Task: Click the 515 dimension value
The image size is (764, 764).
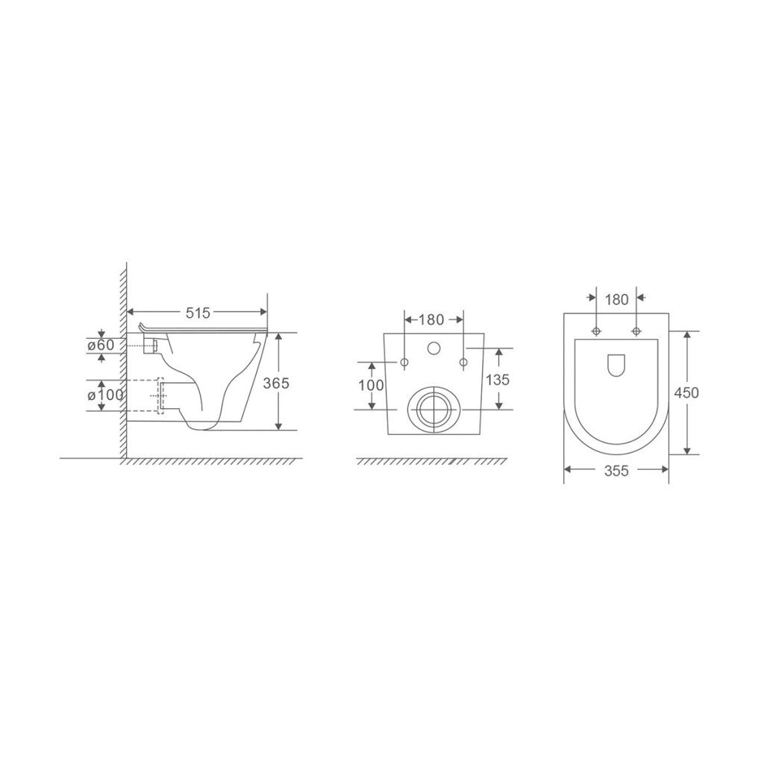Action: click(x=198, y=313)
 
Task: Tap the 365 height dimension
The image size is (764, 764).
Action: click(x=276, y=383)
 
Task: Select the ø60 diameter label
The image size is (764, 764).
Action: click(x=101, y=345)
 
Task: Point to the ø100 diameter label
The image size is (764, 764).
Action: click(x=105, y=395)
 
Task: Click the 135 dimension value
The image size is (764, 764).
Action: click(x=498, y=379)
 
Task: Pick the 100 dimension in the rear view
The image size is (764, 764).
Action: click(x=372, y=386)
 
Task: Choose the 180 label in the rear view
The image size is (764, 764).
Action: click(x=432, y=319)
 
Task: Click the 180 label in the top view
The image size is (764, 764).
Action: click(x=617, y=300)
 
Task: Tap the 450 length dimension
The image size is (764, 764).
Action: click(x=686, y=392)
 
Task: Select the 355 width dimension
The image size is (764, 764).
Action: click(x=616, y=471)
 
